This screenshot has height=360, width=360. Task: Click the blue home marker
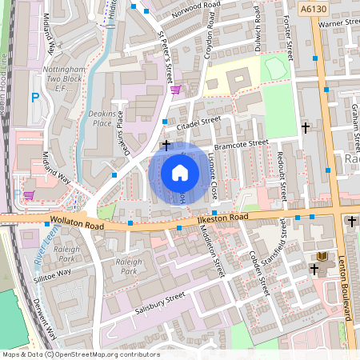point(180,173)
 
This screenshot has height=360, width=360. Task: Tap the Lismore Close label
point(214,176)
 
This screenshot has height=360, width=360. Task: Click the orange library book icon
point(322,255)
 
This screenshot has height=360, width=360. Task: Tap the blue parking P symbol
point(34,98)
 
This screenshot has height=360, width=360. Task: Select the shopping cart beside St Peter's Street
point(175,90)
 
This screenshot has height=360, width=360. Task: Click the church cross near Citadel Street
point(166,145)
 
